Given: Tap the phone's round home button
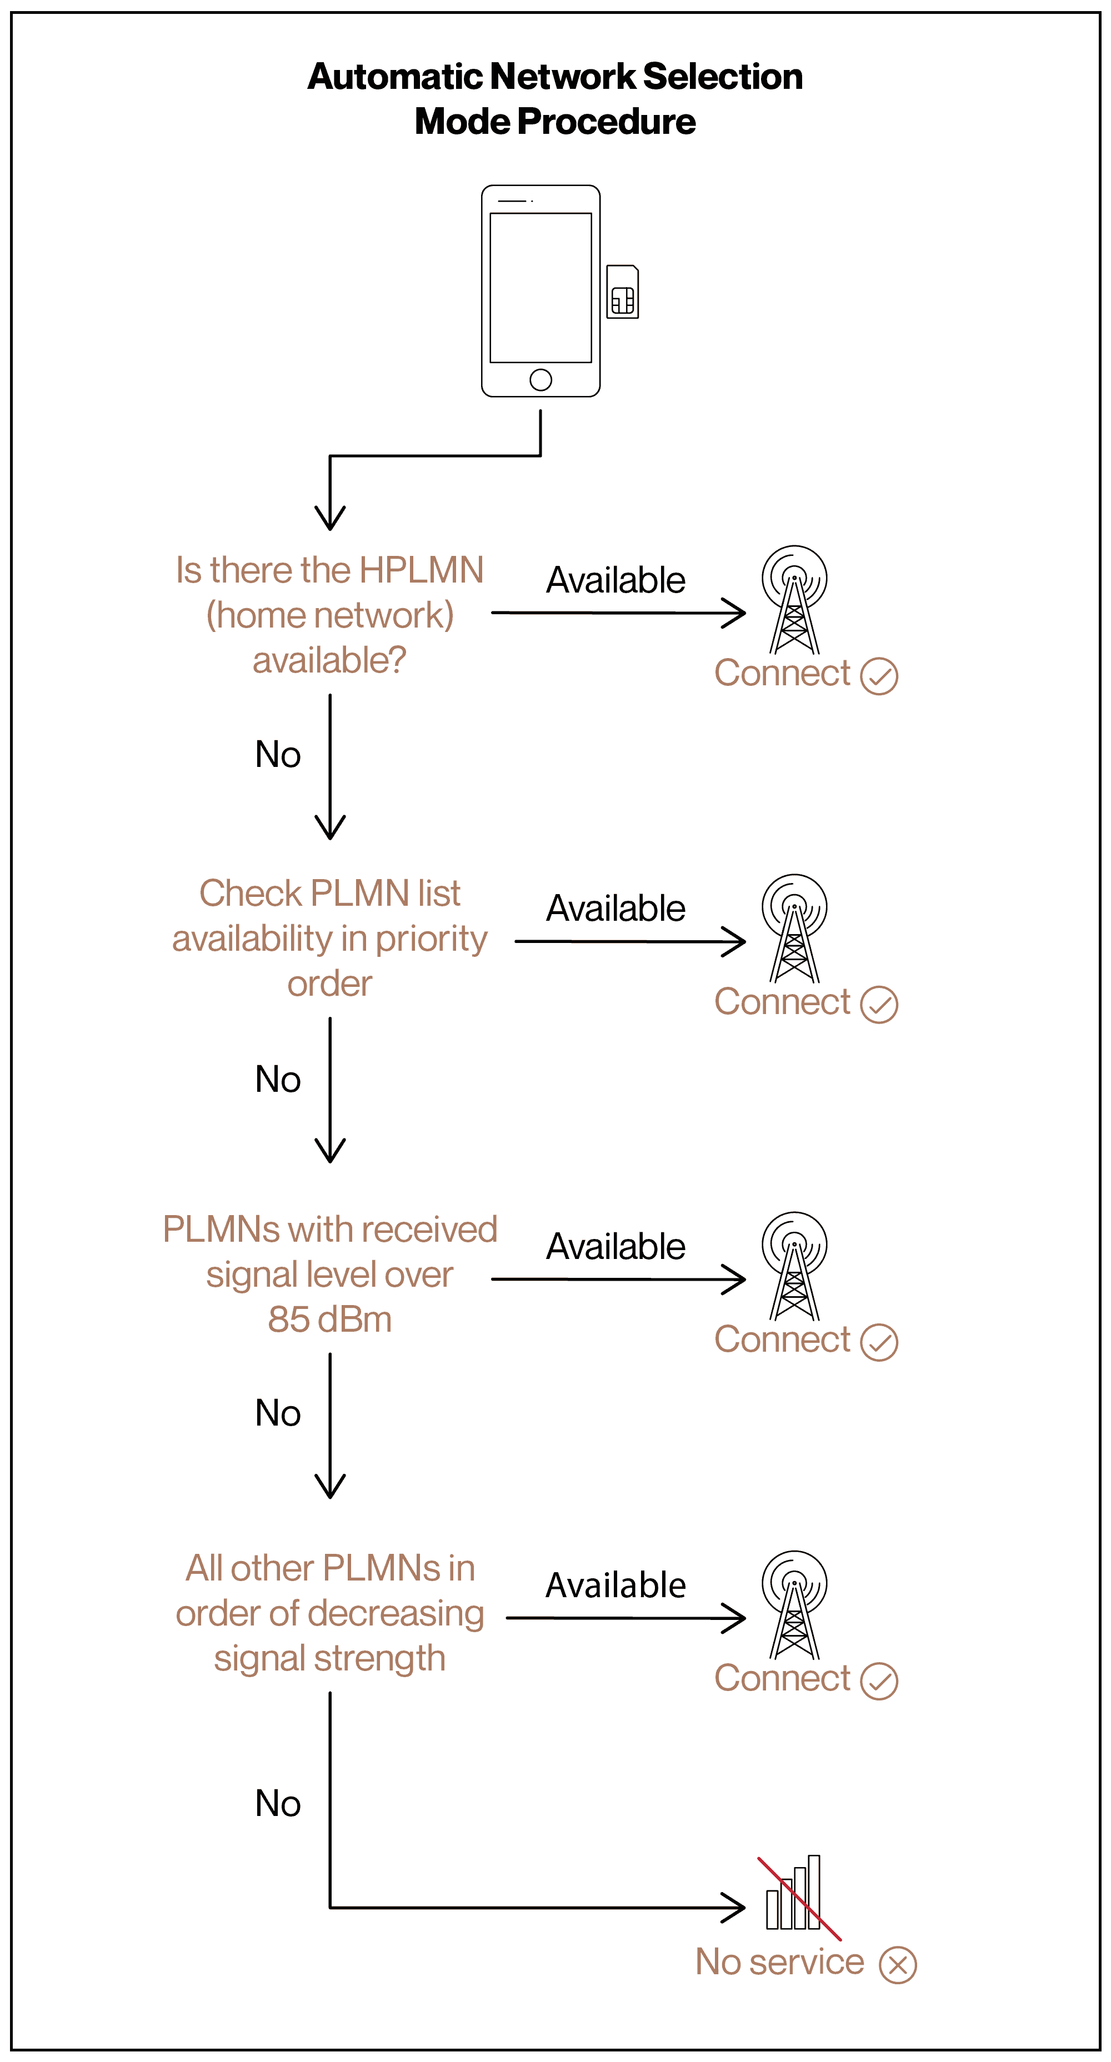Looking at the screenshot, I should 541,379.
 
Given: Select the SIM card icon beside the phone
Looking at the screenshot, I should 622,292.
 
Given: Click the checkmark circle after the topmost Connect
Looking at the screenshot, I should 879,676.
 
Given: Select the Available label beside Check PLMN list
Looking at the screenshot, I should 615,909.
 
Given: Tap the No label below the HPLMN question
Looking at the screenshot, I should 278,755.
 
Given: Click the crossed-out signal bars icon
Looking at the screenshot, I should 794,1895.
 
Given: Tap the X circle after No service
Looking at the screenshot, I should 897,1965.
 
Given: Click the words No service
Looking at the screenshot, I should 779,1963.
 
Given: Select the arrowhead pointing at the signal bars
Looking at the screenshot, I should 735,1908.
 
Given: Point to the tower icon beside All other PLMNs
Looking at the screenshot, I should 794,1605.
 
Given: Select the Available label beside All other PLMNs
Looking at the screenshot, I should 615,1586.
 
